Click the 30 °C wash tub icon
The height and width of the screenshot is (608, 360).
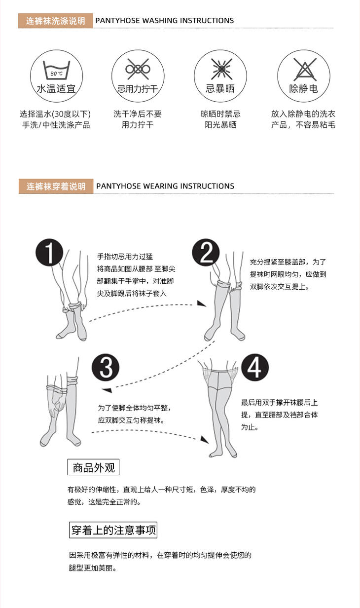click(x=56, y=70)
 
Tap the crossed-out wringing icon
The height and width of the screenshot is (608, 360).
click(x=138, y=69)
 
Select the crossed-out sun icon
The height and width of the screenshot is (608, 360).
click(x=221, y=69)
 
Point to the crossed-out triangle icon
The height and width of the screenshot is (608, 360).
click(x=305, y=69)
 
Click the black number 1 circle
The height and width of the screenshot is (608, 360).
click(x=49, y=252)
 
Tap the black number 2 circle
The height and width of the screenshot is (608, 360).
click(x=206, y=252)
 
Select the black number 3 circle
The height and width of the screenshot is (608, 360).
click(x=106, y=367)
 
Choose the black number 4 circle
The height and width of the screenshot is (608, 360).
click(x=255, y=367)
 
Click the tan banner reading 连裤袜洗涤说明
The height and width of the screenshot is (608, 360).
click(x=56, y=21)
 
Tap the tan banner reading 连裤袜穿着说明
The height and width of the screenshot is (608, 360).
click(x=56, y=186)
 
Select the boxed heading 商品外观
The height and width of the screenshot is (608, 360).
click(x=93, y=467)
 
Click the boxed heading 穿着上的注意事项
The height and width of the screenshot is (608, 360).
click(x=113, y=530)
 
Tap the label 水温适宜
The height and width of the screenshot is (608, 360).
click(x=56, y=89)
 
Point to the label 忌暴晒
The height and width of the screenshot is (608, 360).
click(x=220, y=89)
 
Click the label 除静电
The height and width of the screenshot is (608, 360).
click(x=303, y=89)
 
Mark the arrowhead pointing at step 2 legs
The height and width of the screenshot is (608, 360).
click(x=201, y=304)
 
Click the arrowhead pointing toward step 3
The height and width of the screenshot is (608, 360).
click(x=107, y=390)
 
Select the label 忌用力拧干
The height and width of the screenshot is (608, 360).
click(x=138, y=89)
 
